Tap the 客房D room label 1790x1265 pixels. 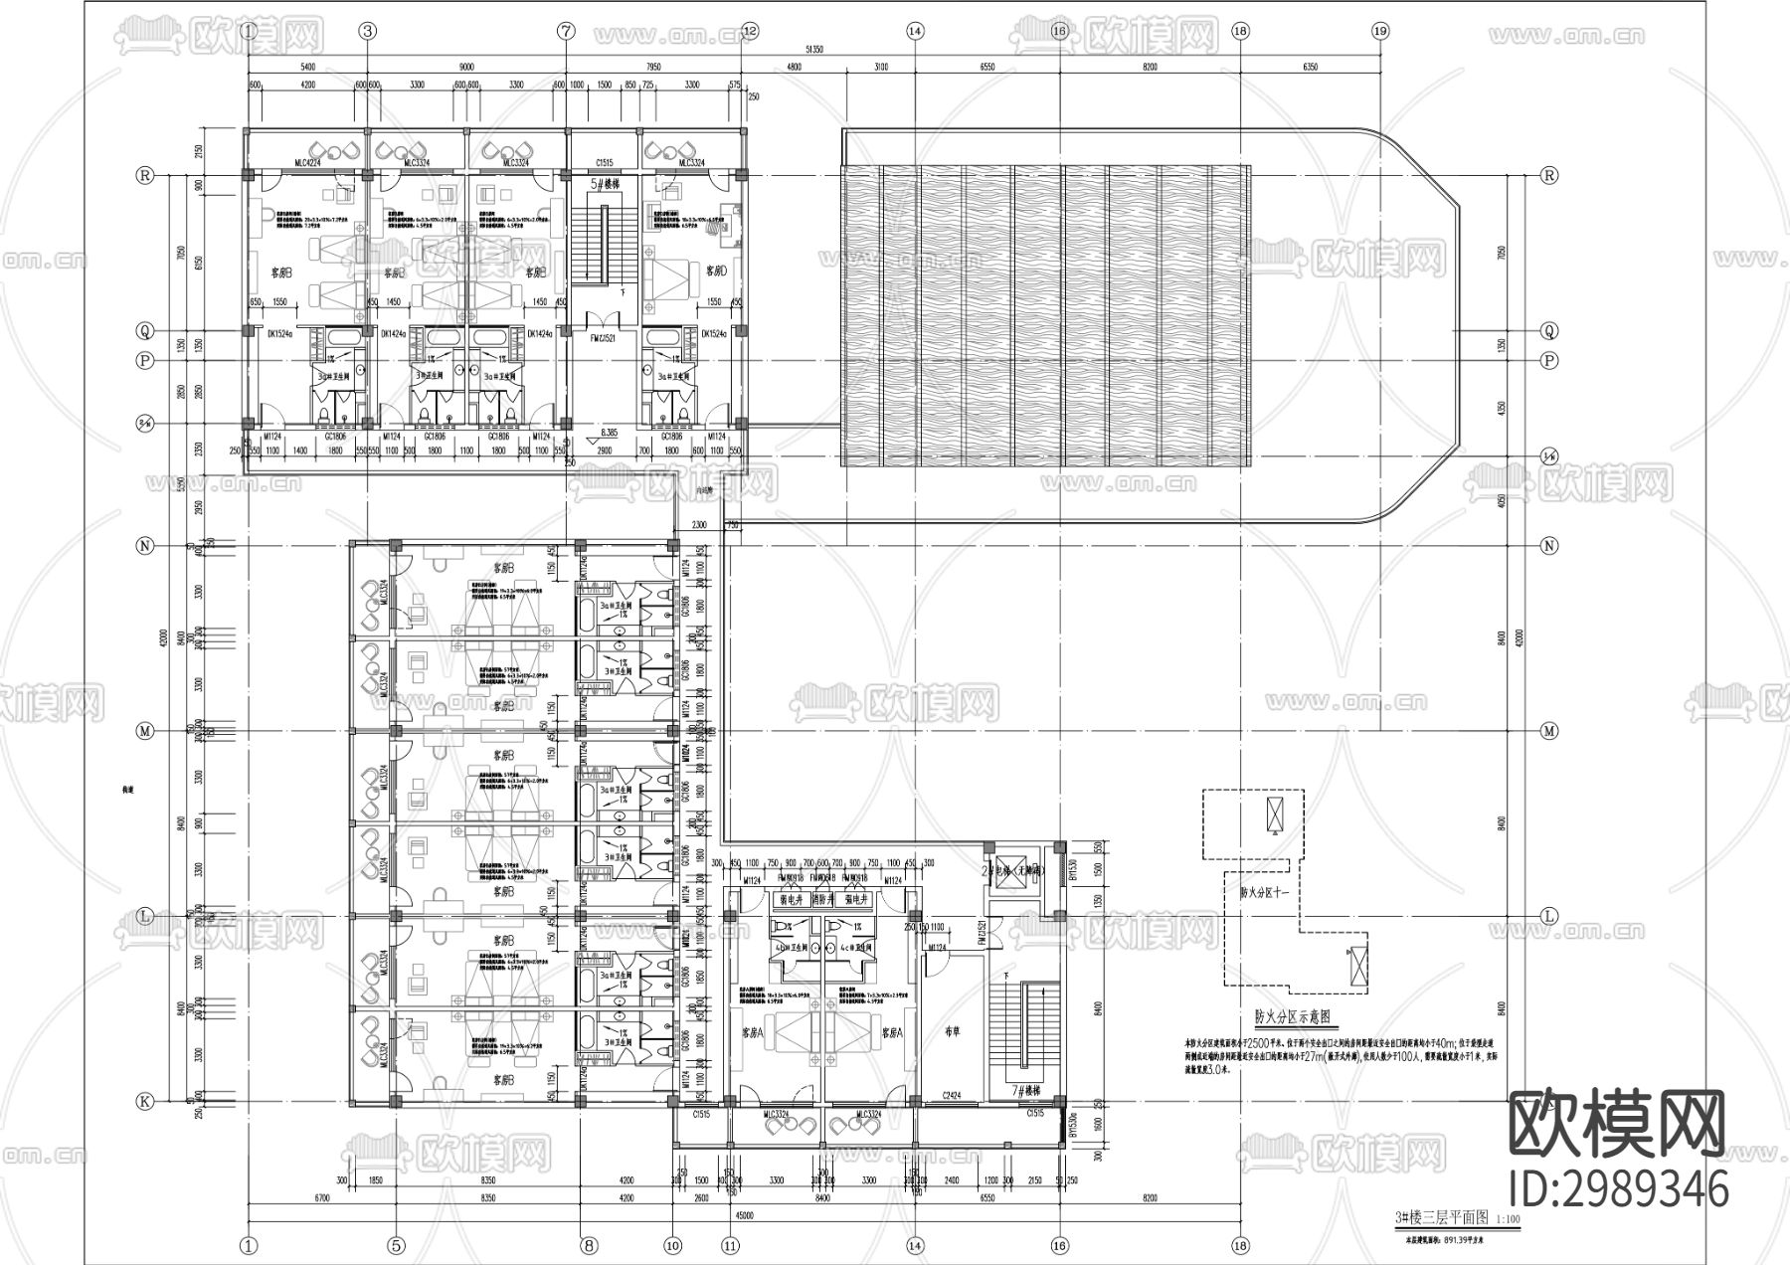tap(716, 270)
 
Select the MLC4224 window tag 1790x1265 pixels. tap(307, 162)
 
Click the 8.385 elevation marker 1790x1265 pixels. tap(610, 433)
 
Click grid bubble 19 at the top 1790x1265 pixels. tap(1379, 31)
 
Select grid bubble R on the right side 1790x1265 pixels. tap(1548, 175)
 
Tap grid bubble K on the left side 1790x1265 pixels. tap(145, 1101)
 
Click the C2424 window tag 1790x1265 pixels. tap(953, 1096)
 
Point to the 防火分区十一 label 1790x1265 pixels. tap(1264, 893)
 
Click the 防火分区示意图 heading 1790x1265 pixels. tap(1291, 1017)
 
